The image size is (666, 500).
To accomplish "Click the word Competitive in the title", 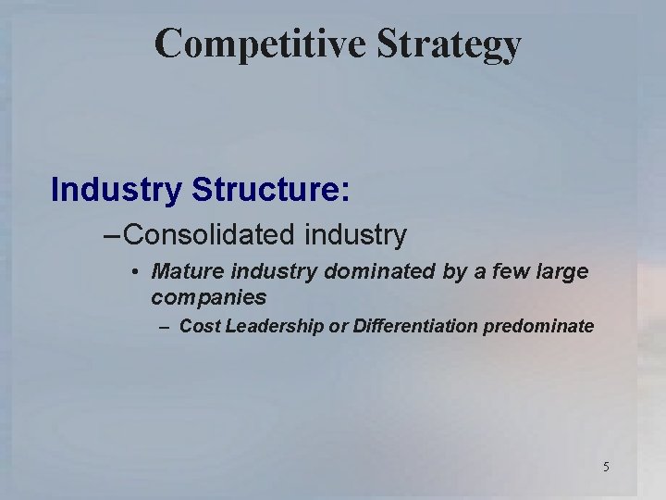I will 245,44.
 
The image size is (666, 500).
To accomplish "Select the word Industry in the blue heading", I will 117,189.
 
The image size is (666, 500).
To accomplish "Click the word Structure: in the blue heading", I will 271,189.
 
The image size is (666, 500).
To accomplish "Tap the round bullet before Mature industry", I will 135,273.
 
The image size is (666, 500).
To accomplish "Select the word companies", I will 208,297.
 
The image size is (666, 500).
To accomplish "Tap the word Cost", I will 197,326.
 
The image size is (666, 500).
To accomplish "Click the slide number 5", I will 606,467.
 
